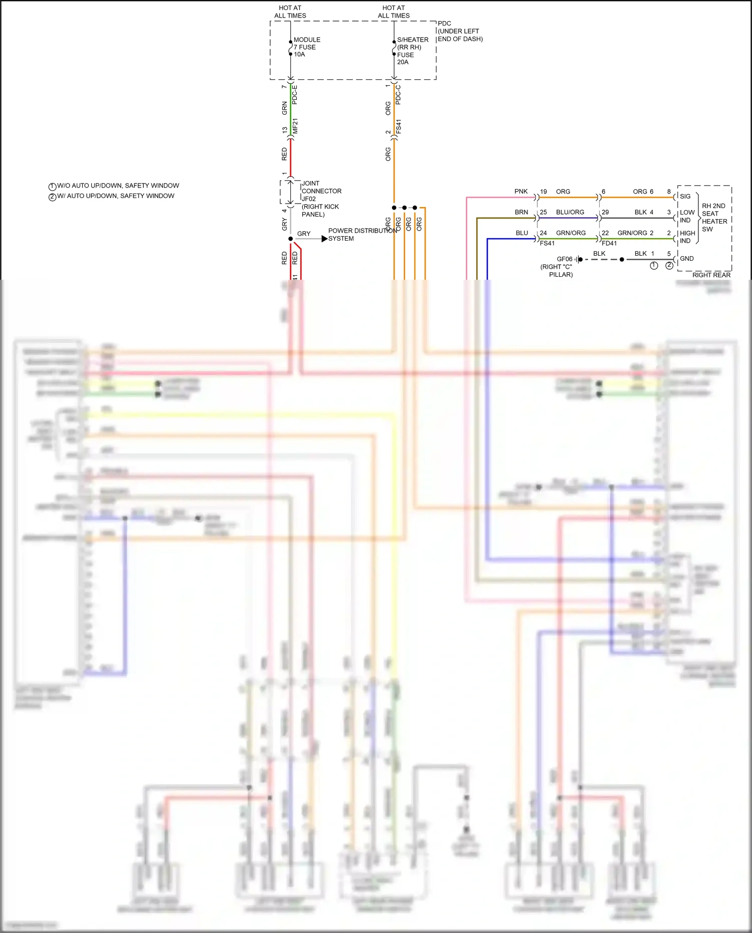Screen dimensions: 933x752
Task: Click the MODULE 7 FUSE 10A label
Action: point(306,47)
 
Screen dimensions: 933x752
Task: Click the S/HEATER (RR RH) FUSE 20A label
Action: point(412,51)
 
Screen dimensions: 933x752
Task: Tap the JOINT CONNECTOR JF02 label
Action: point(321,199)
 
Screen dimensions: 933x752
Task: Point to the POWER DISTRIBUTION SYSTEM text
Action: point(362,235)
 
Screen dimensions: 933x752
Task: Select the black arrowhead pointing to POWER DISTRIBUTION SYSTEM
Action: point(324,239)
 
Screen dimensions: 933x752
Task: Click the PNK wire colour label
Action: point(521,192)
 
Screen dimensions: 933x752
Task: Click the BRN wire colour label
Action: point(521,212)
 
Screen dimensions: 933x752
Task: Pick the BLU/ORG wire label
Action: point(570,212)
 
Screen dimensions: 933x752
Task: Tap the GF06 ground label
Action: point(564,259)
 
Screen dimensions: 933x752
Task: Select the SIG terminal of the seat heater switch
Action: point(685,197)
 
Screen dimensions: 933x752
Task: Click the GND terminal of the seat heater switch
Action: point(686,259)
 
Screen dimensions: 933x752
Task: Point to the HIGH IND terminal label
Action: point(687,237)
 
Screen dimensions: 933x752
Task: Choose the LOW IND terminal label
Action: point(687,216)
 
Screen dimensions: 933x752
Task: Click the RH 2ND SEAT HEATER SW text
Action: point(714,218)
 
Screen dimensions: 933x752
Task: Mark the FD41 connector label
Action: point(609,244)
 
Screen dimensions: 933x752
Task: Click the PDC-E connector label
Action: point(295,95)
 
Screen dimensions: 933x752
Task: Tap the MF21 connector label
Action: point(295,126)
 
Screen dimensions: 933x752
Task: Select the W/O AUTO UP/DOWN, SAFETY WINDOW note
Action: point(118,185)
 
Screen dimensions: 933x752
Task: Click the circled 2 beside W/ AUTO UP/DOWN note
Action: point(52,197)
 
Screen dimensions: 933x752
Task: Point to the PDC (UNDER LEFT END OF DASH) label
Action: point(460,31)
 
